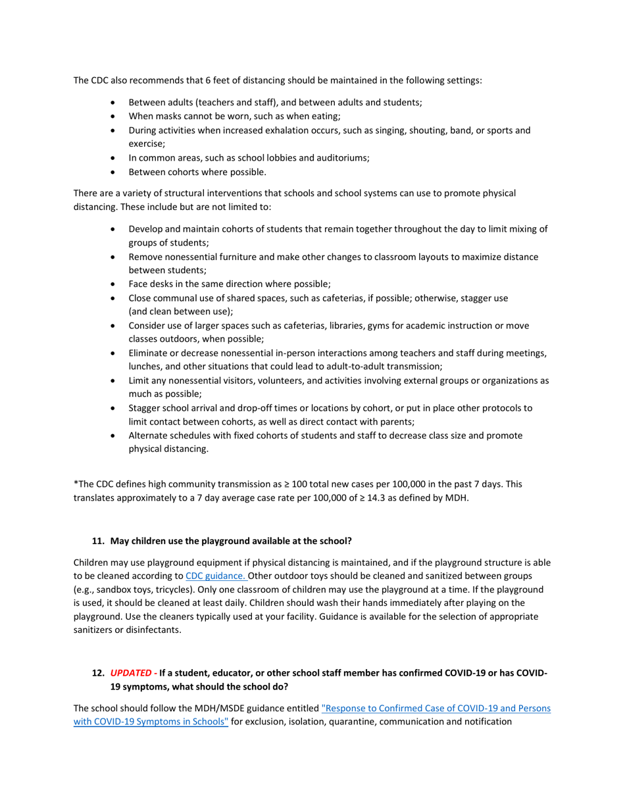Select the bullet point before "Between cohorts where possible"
114,173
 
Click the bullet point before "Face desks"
114,284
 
